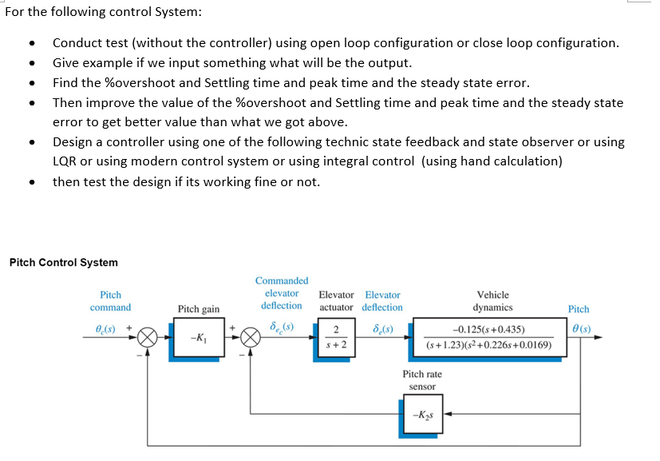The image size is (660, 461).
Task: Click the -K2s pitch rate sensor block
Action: tap(421, 414)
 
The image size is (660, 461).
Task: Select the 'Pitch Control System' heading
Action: tap(63, 263)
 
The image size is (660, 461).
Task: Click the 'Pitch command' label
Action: tap(110, 301)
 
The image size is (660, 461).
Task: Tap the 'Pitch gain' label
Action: tap(199, 309)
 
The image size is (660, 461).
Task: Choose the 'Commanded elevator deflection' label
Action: tap(282, 293)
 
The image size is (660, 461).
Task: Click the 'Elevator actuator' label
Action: tap(336, 301)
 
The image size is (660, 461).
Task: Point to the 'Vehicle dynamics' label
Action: tap(492, 301)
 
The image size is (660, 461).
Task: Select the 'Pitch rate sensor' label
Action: tap(422, 380)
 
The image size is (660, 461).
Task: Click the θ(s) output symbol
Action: tap(580, 327)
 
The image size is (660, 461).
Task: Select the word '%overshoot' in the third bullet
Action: tap(137, 83)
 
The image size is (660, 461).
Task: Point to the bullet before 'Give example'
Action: tap(30, 64)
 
